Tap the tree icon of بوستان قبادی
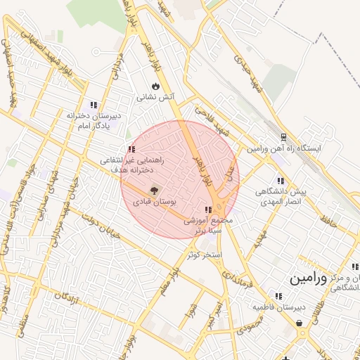[x=155, y=189]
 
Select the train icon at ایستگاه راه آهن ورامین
[x=283, y=137]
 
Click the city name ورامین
[x=308, y=278]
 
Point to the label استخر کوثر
[x=205, y=253]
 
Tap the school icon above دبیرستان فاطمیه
[x=279, y=297]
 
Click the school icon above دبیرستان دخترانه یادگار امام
[x=94, y=105]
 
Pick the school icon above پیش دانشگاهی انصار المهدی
[x=281, y=181]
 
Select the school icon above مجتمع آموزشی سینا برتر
[x=207, y=210]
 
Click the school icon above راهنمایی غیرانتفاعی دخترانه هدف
[x=131, y=149]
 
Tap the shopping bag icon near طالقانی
[x=301, y=323]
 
